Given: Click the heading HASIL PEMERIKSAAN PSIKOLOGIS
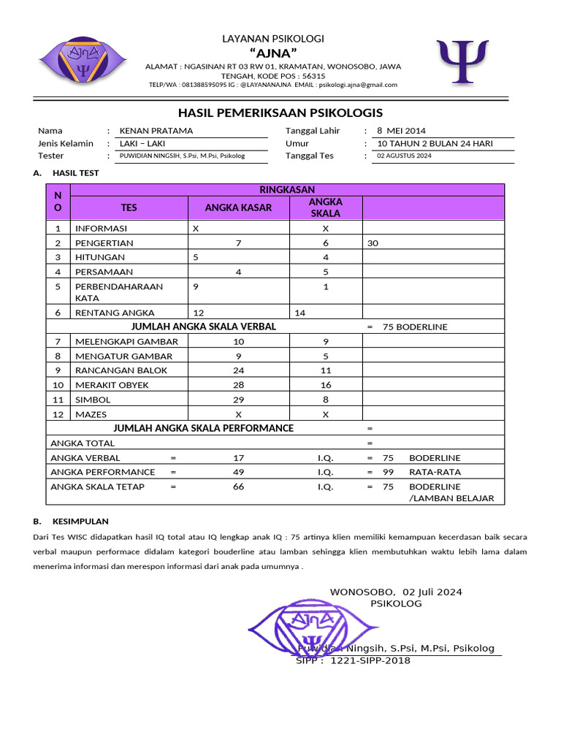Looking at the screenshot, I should [x=280, y=112].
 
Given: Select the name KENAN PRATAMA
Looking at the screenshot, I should [x=156, y=131].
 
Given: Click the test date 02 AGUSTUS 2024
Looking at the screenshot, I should [x=404, y=156].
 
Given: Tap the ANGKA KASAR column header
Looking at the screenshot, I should [x=238, y=207].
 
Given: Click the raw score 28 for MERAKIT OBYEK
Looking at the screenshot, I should [x=238, y=385].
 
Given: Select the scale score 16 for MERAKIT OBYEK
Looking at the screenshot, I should [x=326, y=385].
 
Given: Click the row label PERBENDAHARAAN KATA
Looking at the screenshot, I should [x=119, y=292].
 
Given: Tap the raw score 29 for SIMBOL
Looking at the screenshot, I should [x=238, y=400].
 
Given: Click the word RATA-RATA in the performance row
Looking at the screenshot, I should [x=435, y=472].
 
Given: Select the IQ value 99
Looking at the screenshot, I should [x=389, y=472].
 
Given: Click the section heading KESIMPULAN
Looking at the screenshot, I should [x=80, y=522].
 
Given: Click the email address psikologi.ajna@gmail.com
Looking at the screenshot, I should [x=357, y=85].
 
